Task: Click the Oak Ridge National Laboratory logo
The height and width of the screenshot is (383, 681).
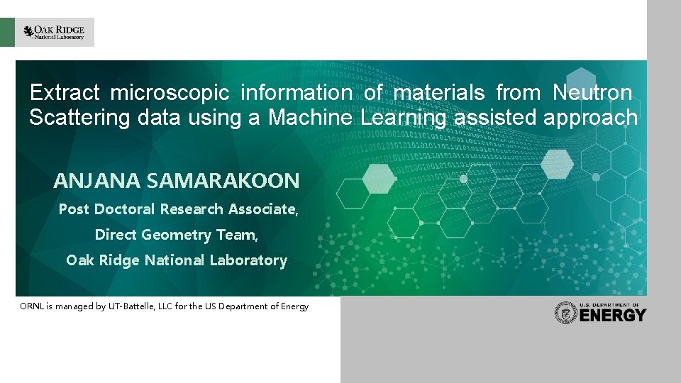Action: pos(54,32)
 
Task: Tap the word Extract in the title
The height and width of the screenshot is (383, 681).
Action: pos(67,93)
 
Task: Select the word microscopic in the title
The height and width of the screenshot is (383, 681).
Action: pos(170,93)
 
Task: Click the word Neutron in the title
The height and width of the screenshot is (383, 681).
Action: pos(591,93)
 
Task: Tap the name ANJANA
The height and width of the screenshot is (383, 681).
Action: pos(97,181)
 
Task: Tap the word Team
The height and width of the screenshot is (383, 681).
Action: pos(237,235)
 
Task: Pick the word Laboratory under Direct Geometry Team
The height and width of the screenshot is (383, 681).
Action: pos(243,260)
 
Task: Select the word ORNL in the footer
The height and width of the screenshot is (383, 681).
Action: pos(32,306)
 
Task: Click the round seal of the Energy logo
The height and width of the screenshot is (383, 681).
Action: pos(566,313)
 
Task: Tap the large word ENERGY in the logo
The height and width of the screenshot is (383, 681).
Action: pos(613,316)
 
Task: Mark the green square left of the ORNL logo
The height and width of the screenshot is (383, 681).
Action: pos(7,32)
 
